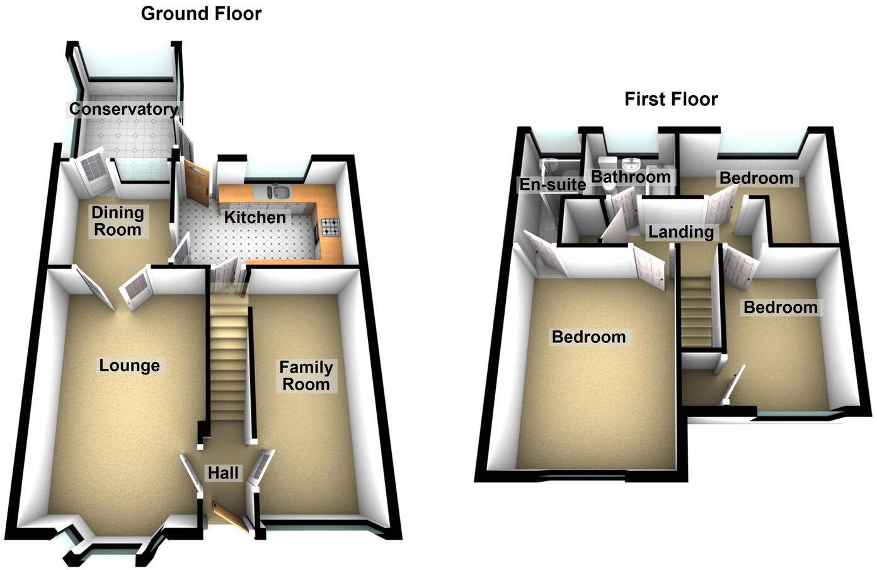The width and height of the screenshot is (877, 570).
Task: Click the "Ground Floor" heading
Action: (x=201, y=13)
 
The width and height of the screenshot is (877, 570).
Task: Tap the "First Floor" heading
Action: (x=671, y=99)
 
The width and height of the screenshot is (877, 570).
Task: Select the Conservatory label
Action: (x=123, y=109)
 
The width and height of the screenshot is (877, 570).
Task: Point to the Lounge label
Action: (x=129, y=366)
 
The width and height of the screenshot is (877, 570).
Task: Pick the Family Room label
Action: (x=306, y=376)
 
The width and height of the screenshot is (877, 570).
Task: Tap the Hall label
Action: (x=223, y=473)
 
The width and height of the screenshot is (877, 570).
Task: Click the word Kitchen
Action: (x=255, y=218)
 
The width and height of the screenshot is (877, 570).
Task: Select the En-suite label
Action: (x=552, y=185)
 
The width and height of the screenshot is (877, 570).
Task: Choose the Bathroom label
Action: (x=630, y=177)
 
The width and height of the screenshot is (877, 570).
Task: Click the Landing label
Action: (x=680, y=232)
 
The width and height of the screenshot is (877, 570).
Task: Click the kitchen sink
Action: (x=277, y=192)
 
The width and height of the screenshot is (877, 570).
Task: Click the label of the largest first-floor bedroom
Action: (x=588, y=337)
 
